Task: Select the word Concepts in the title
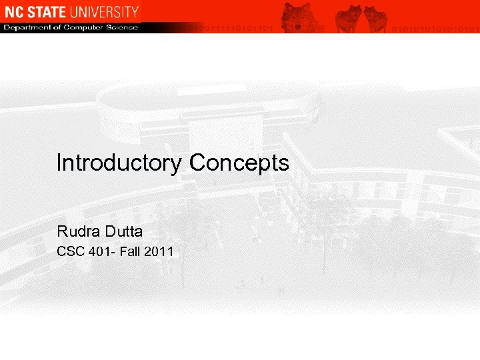239,163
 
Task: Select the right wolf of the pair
375,18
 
